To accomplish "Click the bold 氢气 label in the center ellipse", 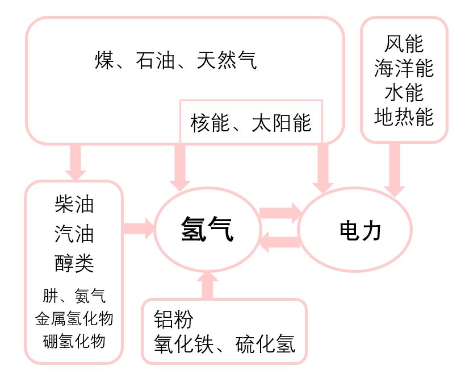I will coord(207,230).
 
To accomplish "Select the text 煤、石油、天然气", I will coord(175,60).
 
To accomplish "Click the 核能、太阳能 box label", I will coord(251,123).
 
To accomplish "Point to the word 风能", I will coord(404,44).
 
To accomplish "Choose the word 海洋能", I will coord(404,69).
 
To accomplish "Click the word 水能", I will coord(404,93).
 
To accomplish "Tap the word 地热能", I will coord(404,117).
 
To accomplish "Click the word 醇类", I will coord(74,263).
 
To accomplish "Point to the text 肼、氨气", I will coord(74,296).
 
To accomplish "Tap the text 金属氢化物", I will coord(74,318).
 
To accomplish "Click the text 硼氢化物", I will coord(74,341).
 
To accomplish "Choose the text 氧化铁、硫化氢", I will coord(224,343).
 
